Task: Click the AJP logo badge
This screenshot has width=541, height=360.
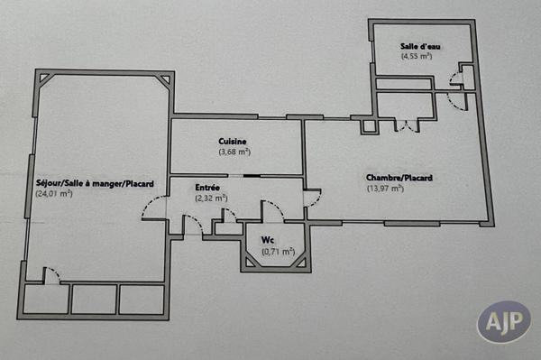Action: [x=503, y=322]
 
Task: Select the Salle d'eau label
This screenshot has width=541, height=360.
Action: [x=417, y=46]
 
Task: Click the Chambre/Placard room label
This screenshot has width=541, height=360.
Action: [x=399, y=179]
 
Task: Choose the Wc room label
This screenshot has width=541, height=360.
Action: [x=268, y=239]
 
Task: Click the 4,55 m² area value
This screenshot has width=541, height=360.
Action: [x=417, y=56]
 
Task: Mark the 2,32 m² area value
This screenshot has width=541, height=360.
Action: [x=211, y=198]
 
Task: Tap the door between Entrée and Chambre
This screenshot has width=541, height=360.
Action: [x=312, y=198]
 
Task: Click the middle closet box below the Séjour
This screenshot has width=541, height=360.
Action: [x=94, y=300]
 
